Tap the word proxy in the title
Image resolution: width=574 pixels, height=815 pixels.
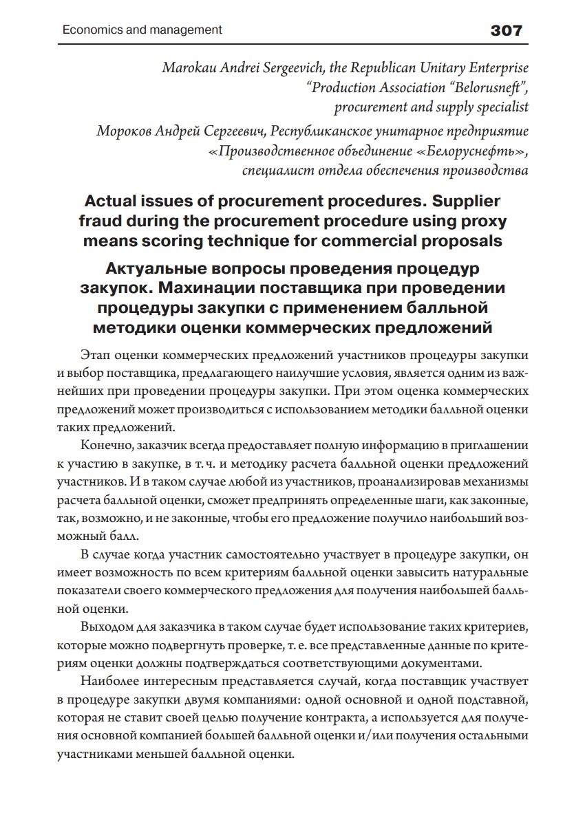(x=483, y=221)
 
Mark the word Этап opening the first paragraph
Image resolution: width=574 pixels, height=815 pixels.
(x=96, y=356)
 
